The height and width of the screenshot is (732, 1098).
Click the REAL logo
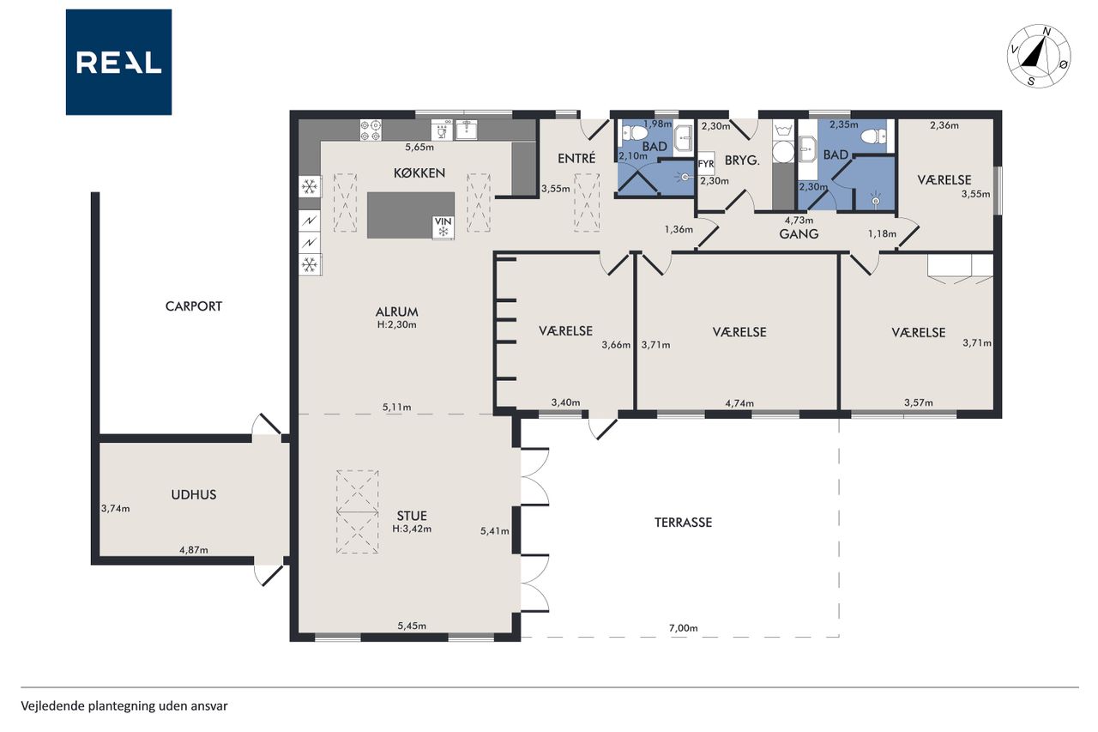pos(118,63)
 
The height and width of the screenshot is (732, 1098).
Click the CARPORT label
pos(194,306)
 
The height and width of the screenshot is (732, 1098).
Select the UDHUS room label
pos(194,494)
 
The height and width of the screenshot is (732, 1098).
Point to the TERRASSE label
pos(684,523)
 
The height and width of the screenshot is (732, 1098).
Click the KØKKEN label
pos(419,173)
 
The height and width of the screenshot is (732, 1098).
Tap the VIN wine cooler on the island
pos(443,227)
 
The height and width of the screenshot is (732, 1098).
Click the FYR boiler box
pos(706,164)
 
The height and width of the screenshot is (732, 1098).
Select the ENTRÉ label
pos(576,159)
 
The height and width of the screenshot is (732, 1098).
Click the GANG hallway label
pos(799,234)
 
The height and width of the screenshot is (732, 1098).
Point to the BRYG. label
pos(742,160)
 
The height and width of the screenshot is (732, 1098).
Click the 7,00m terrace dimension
pos(684,628)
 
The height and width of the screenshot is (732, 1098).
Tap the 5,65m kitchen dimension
pos(419,147)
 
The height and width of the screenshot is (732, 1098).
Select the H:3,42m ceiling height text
pos(412,529)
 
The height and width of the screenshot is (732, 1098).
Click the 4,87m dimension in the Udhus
pos(194,550)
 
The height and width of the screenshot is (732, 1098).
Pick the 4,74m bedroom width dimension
pos(739,403)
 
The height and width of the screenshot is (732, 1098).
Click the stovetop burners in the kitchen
pos(371,130)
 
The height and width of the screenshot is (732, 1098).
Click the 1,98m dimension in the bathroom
pos(658,124)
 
